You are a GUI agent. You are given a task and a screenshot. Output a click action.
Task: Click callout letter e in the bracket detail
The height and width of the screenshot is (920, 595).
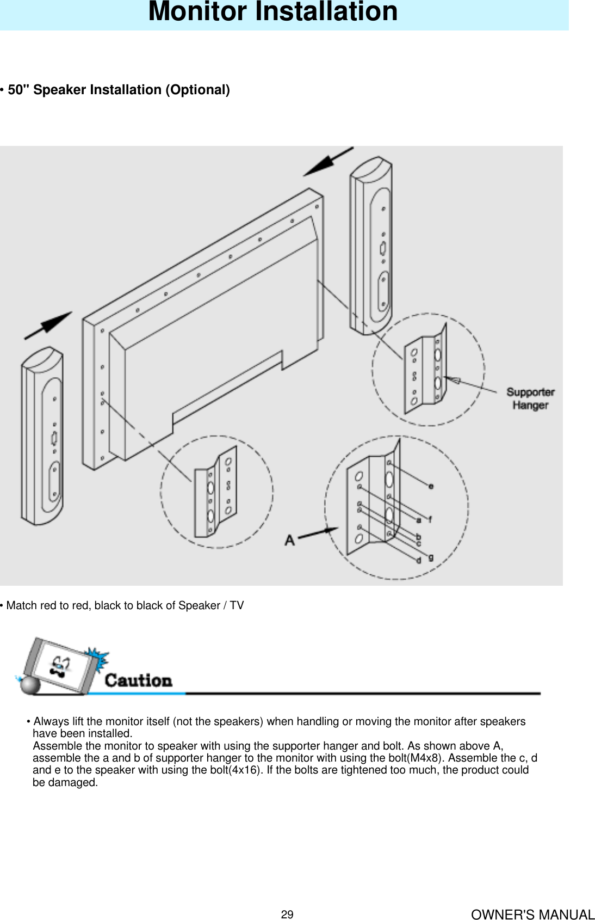(431, 486)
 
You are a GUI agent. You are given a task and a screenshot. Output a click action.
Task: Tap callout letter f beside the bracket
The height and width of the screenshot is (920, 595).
(430, 519)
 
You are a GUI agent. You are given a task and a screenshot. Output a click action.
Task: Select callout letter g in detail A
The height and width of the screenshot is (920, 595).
(431, 557)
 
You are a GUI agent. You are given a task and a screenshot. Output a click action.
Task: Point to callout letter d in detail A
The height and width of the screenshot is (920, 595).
(419, 560)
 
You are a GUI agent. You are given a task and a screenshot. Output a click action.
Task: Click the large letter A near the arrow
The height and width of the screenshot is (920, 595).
(290, 540)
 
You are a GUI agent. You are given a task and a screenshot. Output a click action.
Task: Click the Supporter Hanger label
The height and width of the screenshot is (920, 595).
(530, 398)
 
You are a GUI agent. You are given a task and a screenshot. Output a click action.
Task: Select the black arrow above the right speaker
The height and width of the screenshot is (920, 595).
(329, 161)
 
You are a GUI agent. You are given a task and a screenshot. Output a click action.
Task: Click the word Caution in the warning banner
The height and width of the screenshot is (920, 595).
(138, 680)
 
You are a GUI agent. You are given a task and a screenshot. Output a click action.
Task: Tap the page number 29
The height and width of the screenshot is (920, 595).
(287, 915)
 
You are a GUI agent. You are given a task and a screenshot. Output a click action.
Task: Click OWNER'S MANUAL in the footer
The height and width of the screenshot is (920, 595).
(532, 915)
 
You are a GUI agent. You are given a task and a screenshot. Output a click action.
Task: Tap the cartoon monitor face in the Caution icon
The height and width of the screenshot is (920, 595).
(61, 666)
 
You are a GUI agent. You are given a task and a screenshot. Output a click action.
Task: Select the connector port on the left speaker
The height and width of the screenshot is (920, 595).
(54, 439)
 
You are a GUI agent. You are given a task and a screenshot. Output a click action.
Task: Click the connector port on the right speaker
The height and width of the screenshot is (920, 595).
(383, 249)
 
